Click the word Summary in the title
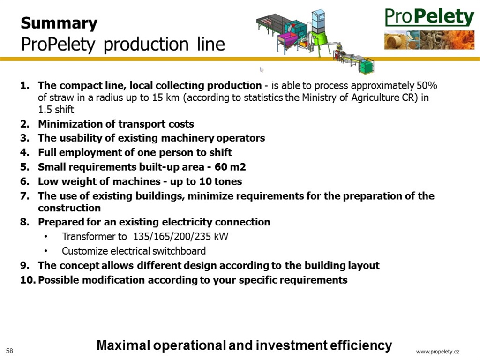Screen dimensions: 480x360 [x=59, y=23]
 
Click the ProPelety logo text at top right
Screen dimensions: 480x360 [x=429, y=17]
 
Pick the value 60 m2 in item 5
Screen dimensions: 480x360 [x=230, y=167]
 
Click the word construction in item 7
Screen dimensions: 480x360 [x=69, y=208]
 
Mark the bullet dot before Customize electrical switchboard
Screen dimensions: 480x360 [x=46, y=251]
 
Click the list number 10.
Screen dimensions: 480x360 [x=28, y=280]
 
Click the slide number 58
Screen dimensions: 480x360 [x=9, y=351]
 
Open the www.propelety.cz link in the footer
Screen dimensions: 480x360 [x=438, y=352]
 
